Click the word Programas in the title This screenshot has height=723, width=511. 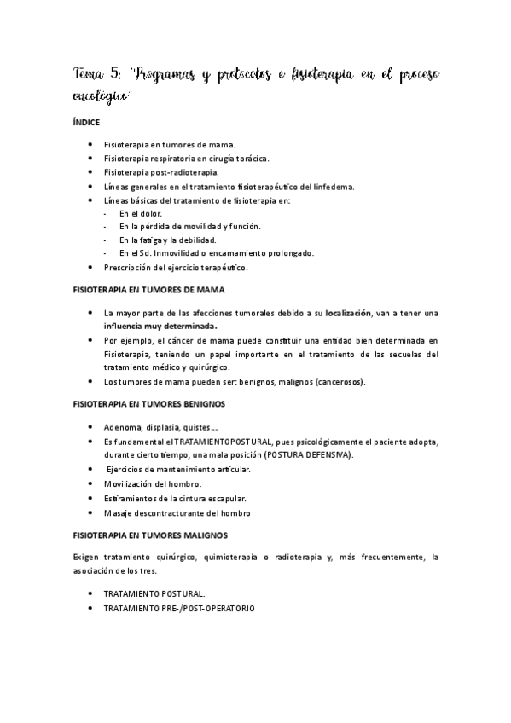165,78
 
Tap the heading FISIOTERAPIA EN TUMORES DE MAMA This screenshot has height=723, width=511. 149,290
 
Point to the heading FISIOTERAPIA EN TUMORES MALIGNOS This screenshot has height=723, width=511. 149,535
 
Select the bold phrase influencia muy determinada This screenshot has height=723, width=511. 160,326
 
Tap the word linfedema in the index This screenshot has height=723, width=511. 334,187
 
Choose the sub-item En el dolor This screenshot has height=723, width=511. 140,212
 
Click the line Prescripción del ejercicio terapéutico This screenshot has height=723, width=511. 175,267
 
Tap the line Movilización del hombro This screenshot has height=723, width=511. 152,483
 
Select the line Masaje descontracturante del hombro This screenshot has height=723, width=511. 177,512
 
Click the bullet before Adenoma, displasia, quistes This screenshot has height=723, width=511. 90,427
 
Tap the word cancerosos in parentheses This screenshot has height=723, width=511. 338,381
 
